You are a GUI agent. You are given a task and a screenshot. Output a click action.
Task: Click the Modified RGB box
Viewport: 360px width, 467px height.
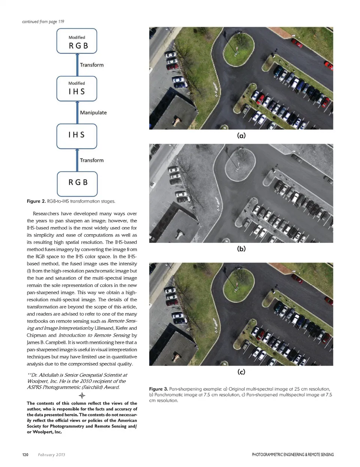click(x=77, y=41)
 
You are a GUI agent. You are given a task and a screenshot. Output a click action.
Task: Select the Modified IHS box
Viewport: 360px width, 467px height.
click(x=77, y=89)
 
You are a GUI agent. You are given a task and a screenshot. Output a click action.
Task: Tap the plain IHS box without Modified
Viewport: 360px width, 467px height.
click(x=77, y=136)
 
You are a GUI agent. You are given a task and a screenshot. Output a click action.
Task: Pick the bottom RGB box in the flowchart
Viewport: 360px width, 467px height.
click(x=77, y=183)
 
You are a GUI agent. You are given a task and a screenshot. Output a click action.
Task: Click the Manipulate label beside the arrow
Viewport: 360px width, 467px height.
click(x=93, y=113)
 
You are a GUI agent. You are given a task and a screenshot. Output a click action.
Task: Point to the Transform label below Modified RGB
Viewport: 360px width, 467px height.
click(x=91, y=65)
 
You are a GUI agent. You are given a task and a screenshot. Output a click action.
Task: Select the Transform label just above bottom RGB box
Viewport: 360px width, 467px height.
click(x=91, y=160)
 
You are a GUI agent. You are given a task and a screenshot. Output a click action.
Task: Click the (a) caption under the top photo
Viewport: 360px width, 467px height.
click(x=241, y=135)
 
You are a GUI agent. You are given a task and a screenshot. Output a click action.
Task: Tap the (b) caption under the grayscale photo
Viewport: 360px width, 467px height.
click(x=241, y=249)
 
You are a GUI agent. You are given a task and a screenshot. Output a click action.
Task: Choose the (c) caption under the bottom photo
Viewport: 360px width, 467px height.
click(x=241, y=372)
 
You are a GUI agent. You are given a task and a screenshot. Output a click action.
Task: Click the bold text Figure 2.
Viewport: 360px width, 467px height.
click(x=36, y=201)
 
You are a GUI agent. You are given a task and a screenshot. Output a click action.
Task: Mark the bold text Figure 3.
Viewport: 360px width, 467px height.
click(x=158, y=389)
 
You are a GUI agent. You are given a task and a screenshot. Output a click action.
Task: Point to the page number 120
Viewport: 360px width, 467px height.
click(x=25, y=455)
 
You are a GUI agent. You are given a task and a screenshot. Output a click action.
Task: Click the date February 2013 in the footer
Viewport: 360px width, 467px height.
click(x=51, y=455)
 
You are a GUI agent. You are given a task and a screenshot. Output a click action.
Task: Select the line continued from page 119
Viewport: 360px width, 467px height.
click(x=43, y=21)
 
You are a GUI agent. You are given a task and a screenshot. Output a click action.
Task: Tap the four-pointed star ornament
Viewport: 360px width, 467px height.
click(x=82, y=396)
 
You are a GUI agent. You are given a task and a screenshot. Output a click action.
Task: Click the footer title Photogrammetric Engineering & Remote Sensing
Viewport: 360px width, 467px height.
click(x=292, y=455)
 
